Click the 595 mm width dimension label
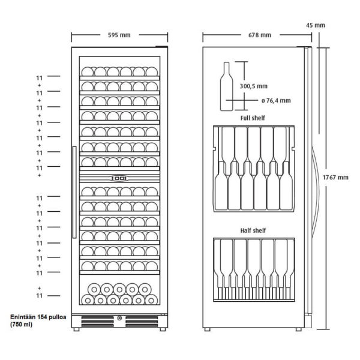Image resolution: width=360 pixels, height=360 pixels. tap(119, 35)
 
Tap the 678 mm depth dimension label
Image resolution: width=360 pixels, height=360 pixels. tap(260, 35)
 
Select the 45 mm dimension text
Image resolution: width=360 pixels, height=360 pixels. tap(316, 25)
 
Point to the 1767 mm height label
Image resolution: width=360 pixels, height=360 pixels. tap(335, 177)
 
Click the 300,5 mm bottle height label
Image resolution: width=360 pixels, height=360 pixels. tap(254, 86)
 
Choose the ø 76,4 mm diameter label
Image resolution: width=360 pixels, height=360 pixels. tap(276, 101)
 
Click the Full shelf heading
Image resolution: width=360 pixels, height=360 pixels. tap(253, 118)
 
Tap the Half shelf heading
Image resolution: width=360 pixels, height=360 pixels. tap(253, 230)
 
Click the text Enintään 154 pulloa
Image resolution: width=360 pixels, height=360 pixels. tap(38, 317)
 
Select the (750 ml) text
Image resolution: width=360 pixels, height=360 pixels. tap(21, 325)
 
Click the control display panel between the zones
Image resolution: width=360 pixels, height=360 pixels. tap(119, 178)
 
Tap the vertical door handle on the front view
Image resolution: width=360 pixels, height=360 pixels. tap(74, 192)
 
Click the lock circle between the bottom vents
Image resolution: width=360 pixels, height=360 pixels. tap(119, 318)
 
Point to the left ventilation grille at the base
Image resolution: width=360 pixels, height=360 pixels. tap(98, 322)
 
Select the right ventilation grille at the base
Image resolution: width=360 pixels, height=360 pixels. tap(142, 322)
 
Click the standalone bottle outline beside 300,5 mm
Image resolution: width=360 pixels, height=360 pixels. tap(227, 86)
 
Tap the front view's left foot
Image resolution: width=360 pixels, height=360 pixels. tap(76, 329)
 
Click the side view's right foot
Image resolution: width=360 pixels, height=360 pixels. tap(298, 329)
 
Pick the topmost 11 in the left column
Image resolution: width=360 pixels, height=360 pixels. tap(39, 78)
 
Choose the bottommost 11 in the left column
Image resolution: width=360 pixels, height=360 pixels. tap(39, 295)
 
